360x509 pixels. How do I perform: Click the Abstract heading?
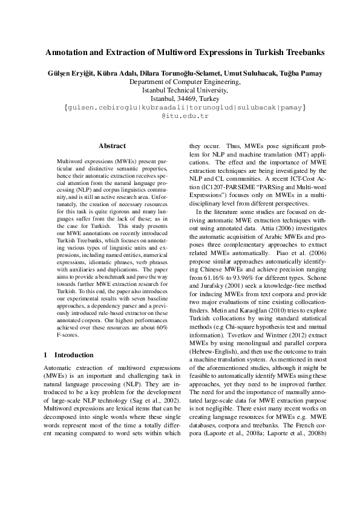(x=112, y=146)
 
